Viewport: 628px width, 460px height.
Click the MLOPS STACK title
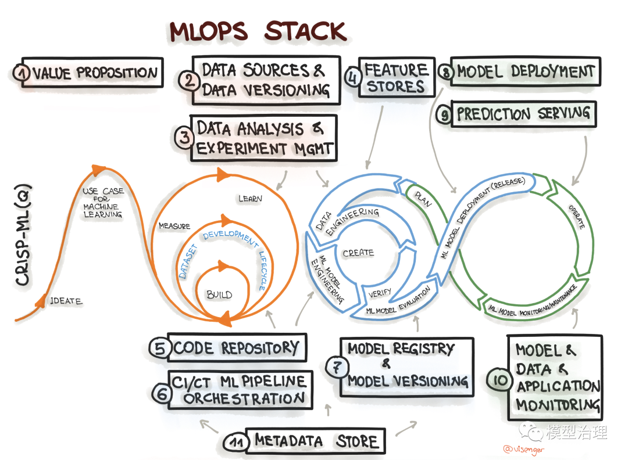257,31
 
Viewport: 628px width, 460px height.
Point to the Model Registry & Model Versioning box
407,366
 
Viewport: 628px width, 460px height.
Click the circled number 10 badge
502,381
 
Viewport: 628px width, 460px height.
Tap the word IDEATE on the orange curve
66,301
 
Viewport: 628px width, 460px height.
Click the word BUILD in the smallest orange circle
219,294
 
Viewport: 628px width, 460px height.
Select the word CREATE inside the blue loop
358,253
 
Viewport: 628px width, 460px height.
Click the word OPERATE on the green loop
579,215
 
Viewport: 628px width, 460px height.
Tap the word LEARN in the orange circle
250,199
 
